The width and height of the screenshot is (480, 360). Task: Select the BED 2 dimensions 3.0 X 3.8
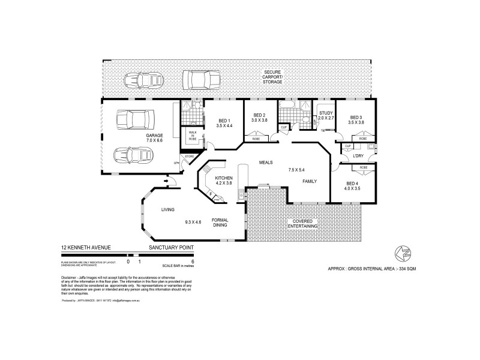coord(259,121)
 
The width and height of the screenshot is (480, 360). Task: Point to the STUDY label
coord(326,113)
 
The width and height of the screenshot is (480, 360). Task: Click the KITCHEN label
coord(223,178)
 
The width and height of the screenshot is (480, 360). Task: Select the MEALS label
coord(266,162)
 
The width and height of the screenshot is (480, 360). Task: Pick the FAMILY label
coord(309,181)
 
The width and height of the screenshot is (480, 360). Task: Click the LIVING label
coord(167,209)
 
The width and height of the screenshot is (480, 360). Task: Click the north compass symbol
coord(399,253)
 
